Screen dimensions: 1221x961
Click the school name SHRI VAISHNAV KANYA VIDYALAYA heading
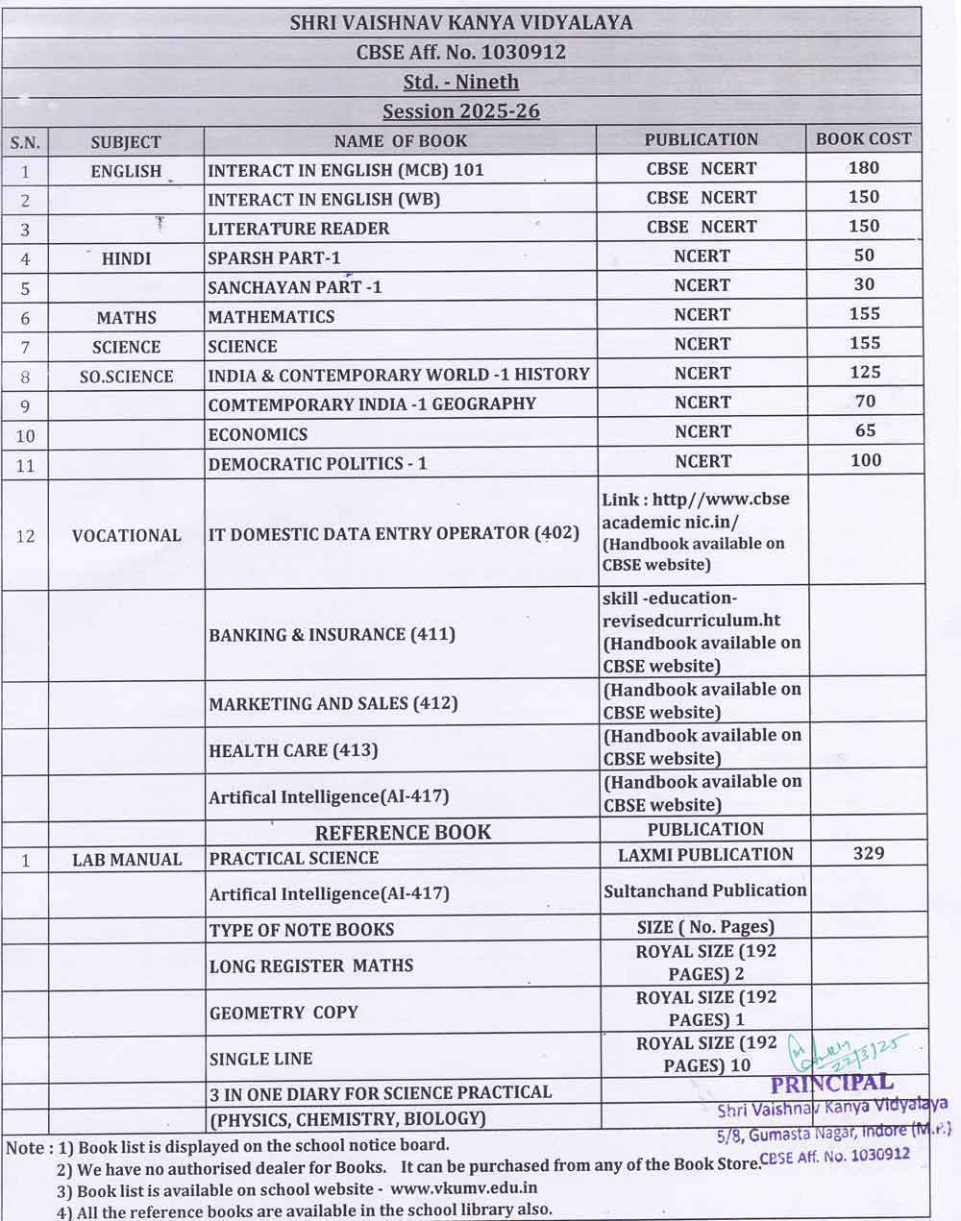pyautogui.click(x=461, y=23)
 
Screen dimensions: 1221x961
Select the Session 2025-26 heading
pyautogui.click(x=461, y=110)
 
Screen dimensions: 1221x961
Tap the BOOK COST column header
pyautogui.click(x=863, y=138)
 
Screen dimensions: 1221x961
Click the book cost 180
pyautogui.click(x=864, y=167)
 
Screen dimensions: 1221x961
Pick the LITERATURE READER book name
pyautogui.click(x=299, y=229)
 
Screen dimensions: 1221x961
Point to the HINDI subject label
pyautogui.click(x=126, y=258)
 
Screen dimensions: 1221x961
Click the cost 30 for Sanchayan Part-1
pyautogui.click(x=864, y=284)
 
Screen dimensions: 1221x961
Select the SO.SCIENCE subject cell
pyautogui.click(x=126, y=377)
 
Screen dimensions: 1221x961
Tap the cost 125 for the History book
pyautogui.click(x=864, y=372)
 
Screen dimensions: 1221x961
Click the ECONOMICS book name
pyautogui.click(x=258, y=434)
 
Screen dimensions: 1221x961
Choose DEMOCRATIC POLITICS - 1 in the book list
pyautogui.click(x=318, y=464)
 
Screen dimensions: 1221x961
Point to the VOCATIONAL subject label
pyautogui.click(x=126, y=536)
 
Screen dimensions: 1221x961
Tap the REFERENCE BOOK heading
pyautogui.click(x=403, y=832)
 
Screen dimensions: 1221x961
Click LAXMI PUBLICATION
pyautogui.click(x=705, y=854)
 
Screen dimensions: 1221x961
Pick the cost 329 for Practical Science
pyautogui.click(x=868, y=853)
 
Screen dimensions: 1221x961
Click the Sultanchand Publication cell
pyautogui.click(x=705, y=891)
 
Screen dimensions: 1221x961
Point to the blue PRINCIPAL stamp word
pyautogui.click(x=832, y=1085)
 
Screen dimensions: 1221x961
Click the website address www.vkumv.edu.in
pyautogui.click(x=463, y=1188)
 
